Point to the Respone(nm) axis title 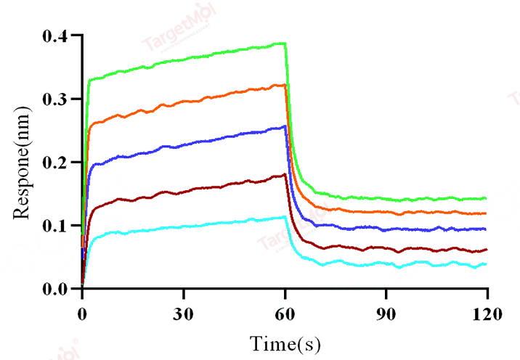tap(22, 163)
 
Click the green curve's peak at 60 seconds tap(283, 44)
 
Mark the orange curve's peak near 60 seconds tap(283, 85)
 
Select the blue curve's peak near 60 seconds tap(284, 126)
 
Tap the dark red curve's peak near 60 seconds tap(284, 174)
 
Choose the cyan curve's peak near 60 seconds tap(284, 216)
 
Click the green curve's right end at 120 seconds tap(485, 198)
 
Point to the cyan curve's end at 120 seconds tap(485, 264)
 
